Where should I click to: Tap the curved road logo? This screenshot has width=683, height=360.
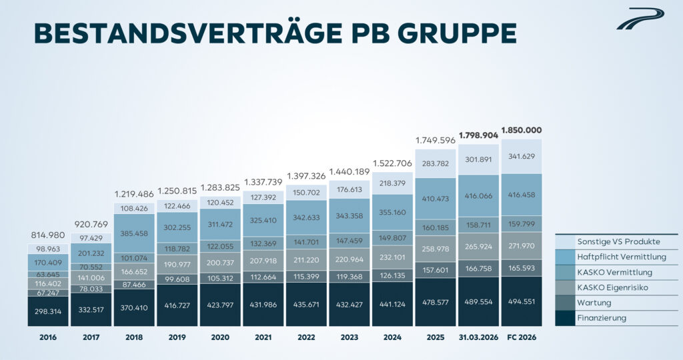(640, 19)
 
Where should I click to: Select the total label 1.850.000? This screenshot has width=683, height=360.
(522, 130)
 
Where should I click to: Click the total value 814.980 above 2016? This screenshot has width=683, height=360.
(48, 235)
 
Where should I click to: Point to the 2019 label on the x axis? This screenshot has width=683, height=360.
(177, 337)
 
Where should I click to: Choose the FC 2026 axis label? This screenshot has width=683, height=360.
(522, 337)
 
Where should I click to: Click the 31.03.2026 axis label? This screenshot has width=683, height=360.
(478, 337)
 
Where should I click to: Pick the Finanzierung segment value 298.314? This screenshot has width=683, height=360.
(48, 311)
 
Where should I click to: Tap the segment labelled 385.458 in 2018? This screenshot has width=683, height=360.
(134, 233)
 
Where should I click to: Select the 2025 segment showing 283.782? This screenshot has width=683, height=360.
(436, 164)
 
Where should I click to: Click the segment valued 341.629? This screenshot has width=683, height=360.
(522, 156)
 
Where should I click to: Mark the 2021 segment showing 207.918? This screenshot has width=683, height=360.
(263, 260)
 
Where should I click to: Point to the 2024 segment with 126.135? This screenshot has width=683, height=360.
(392, 275)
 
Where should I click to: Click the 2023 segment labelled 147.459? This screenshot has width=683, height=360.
(350, 241)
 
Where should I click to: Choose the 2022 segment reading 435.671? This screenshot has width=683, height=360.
(306, 304)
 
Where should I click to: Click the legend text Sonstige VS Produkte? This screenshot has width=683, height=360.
(618, 241)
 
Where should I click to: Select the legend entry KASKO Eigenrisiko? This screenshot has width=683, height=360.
(612, 287)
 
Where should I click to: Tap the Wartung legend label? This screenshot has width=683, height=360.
(594, 303)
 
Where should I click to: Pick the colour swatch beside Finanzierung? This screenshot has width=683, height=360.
(565, 318)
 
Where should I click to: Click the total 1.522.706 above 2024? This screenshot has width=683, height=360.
(392, 164)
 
